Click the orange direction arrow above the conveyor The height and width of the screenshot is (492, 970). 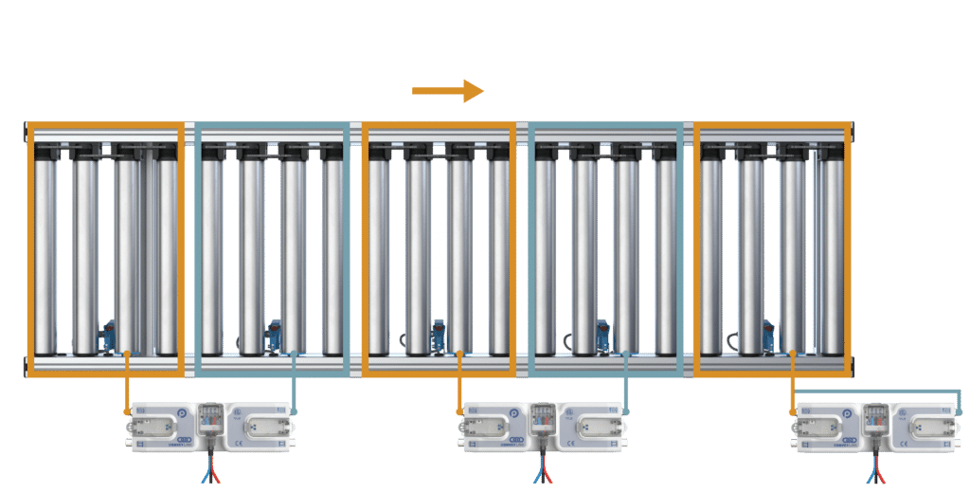click(x=447, y=91)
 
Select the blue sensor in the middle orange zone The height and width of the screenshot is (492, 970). click(x=439, y=335)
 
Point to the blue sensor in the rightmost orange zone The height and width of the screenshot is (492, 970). click(x=769, y=335)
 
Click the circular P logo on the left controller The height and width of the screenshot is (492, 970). click(x=183, y=414)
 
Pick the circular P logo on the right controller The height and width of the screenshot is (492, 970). click(x=845, y=414)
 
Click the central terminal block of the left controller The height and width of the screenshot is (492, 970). click(x=210, y=417)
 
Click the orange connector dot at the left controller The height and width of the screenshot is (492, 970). click(x=127, y=411)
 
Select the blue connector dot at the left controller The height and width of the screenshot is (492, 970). click(x=295, y=411)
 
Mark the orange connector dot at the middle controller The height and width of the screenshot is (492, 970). click(x=458, y=411)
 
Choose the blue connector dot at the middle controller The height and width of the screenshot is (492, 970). click(x=625, y=411)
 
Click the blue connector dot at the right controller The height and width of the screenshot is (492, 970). click(x=959, y=411)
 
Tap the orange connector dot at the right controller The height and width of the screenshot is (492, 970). click(x=792, y=411)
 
